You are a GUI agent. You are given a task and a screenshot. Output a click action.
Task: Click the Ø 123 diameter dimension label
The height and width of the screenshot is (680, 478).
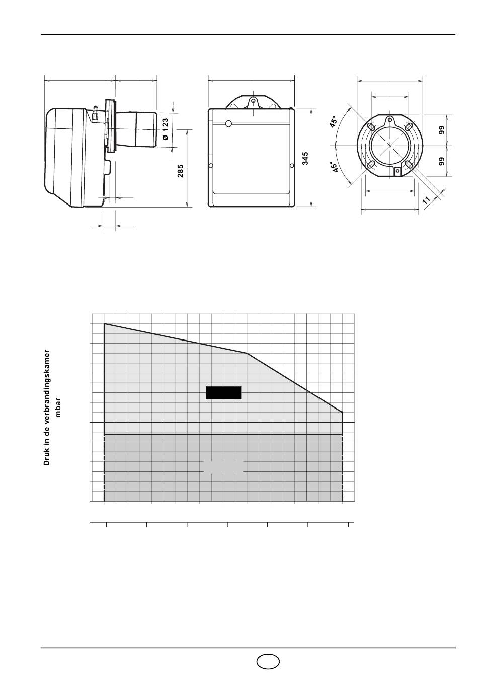(166, 129)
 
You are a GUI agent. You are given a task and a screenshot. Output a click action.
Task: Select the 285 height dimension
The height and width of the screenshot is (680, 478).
(180, 171)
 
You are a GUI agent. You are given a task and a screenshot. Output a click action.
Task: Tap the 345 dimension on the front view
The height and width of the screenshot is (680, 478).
(305, 158)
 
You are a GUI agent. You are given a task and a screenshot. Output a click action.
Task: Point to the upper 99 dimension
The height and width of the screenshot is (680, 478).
(442, 130)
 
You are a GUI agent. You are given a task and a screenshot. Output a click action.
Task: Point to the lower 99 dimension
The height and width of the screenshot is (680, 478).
(442, 161)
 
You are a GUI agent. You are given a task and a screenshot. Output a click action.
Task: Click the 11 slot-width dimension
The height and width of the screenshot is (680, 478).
(426, 199)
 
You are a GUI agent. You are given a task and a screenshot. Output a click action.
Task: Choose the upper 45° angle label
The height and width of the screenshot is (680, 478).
(333, 122)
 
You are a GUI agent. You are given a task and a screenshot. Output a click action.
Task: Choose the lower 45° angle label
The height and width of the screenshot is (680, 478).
(335, 167)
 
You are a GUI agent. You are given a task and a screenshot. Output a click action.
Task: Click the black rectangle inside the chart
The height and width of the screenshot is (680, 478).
(223, 393)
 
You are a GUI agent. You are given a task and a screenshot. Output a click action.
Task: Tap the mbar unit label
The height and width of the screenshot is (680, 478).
(58, 407)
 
